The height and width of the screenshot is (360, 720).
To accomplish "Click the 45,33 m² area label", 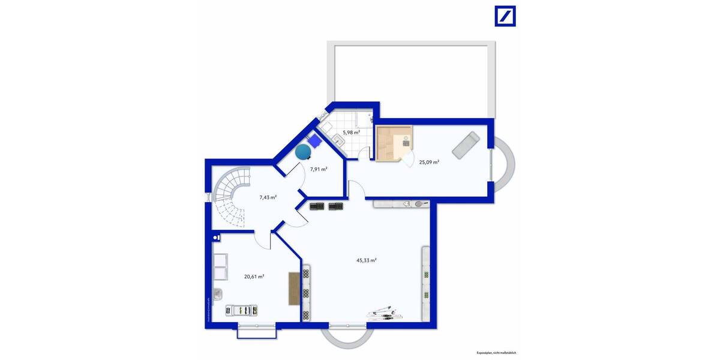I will (x=366, y=260).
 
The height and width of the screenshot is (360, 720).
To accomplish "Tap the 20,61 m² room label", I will (x=254, y=277).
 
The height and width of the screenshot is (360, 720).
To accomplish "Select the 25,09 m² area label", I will (x=429, y=162).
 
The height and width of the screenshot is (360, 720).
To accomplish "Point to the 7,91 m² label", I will (x=319, y=169).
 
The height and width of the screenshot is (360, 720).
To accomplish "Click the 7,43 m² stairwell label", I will (x=268, y=197).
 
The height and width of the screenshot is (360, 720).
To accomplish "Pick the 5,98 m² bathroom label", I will (x=351, y=133).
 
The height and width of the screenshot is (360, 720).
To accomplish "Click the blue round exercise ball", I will (x=303, y=152).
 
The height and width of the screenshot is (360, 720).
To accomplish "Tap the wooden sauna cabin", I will (x=394, y=144).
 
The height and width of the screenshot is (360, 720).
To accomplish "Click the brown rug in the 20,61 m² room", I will (x=294, y=289).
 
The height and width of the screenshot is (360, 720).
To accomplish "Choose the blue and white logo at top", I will (x=505, y=16).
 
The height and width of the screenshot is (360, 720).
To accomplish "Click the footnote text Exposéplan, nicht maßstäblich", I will (x=496, y=353).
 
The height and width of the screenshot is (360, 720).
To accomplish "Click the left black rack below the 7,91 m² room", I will (x=316, y=206).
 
